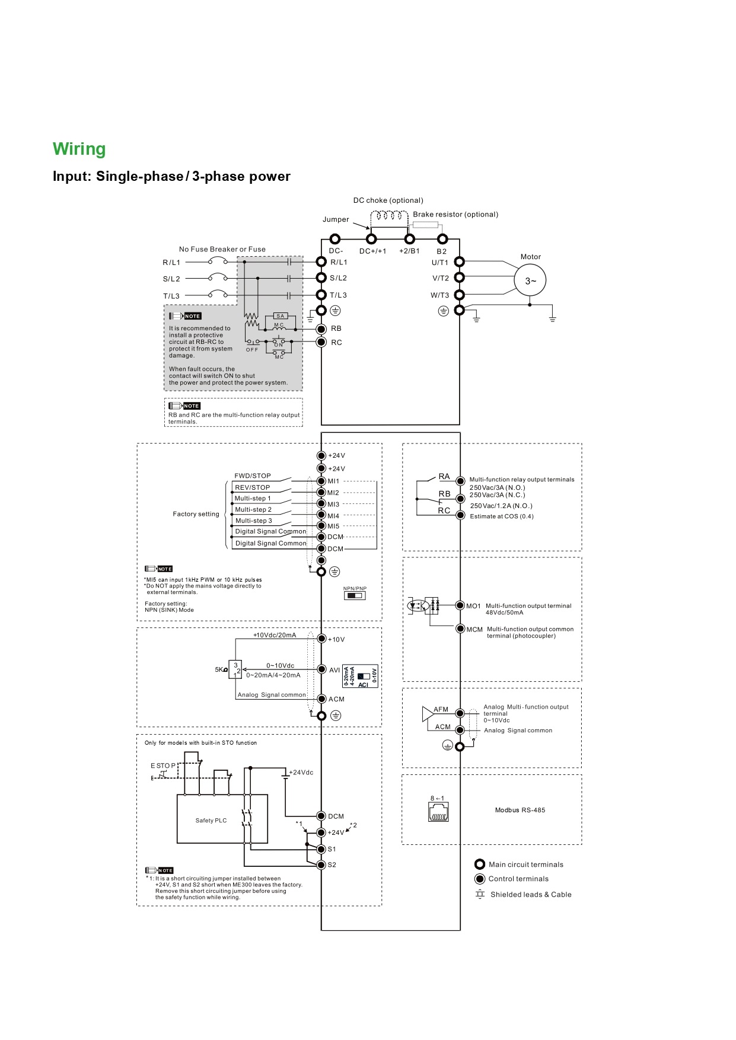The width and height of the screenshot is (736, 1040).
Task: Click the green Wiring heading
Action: tap(79, 149)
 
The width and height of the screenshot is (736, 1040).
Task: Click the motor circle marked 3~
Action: tap(530, 280)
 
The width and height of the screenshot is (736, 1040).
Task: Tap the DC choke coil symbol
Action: tap(390, 216)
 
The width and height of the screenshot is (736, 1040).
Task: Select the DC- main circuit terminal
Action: tap(335, 239)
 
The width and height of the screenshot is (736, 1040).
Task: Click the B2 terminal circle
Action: tap(442, 239)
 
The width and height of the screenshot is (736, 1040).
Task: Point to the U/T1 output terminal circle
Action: tap(459, 261)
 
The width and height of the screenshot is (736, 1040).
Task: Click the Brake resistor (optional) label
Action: tap(455, 215)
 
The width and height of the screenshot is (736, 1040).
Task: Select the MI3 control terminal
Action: tap(321, 504)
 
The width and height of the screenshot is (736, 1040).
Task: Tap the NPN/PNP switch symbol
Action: tap(355, 595)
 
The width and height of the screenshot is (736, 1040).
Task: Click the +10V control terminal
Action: tap(321, 639)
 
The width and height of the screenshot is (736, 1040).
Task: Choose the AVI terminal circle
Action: tap(321, 669)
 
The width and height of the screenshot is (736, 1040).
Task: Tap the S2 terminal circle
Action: tap(321, 864)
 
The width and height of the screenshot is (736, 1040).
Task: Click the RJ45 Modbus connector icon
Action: tap(438, 812)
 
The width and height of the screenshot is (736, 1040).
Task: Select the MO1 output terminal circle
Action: tap(460, 605)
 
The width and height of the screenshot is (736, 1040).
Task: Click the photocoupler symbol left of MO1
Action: tap(418, 606)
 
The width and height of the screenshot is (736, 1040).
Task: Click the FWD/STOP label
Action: tap(253, 476)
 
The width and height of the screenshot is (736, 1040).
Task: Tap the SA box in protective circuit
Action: tap(281, 316)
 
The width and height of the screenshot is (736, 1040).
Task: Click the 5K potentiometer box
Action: tap(235, 669)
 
